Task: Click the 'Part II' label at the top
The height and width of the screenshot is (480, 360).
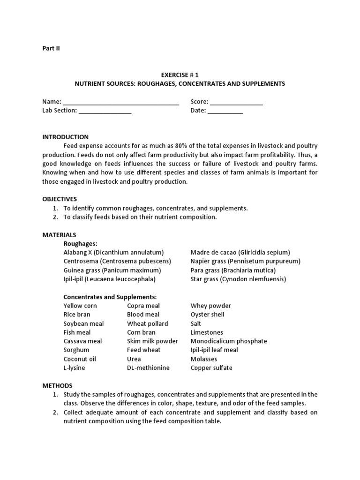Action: (x=51, y=48)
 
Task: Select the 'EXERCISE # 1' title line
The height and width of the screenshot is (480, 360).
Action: (x=180, y=75)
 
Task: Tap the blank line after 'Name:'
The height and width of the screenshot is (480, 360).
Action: (x=121, y=102)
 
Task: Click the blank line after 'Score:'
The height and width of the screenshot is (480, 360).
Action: (x=236, y=102)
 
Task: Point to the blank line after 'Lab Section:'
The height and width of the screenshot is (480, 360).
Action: (x=105, y=111)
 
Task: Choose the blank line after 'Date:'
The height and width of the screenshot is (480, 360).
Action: (x=225, y=111)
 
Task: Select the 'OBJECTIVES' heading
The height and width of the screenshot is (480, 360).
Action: (x=60, y=199)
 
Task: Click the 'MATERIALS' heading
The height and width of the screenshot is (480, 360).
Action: (x=59, y=234)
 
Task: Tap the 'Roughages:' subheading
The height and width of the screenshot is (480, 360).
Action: (x=80, y=243)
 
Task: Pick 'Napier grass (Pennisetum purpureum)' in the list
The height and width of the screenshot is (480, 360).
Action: (x=245, y=261)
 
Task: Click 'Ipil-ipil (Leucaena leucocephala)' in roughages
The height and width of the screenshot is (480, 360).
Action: (x=109, y=279)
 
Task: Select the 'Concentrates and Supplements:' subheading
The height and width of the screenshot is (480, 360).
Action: (x=110, y=297)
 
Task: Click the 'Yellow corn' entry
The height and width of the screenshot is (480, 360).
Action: (x=80, y=306)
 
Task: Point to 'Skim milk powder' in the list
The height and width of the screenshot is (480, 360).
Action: (x=152, y=341)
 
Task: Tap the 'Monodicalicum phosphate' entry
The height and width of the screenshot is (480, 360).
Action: (x=228, y=341)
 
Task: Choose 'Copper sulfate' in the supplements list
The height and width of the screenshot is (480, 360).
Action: (x=211, y=367)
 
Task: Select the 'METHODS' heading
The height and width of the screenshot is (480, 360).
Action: (x=57, y=385)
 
